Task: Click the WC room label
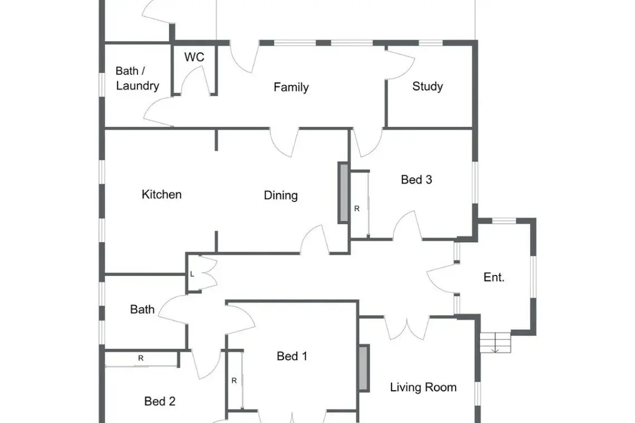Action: click(x=194, y=57)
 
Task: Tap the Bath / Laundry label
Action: click(x=137, y=78)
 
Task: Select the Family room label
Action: click(x=291, y=87)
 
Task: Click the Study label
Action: click(x=427, y=86)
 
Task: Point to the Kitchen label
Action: click(x=162, y=194)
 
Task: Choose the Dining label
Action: click(x=281, y=195)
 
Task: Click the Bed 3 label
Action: click(x=416, y=179)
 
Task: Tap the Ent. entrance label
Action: click(x=494, y=277)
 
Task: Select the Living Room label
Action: click(x=423, y=387)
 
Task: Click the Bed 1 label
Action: click(x=292, y=356)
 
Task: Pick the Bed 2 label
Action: click(x=159, y=401)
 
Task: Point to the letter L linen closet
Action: click(x=192, y=274)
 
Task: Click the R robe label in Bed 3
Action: click(x=357, y=209)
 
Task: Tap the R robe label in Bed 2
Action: click(x=141, y=358)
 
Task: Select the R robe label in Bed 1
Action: click(x=234, y=381)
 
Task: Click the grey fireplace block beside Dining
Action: click(x=344, y=193)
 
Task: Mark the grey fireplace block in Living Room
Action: click(x=364, y=368)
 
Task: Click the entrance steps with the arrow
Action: click(x=495, y=342)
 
